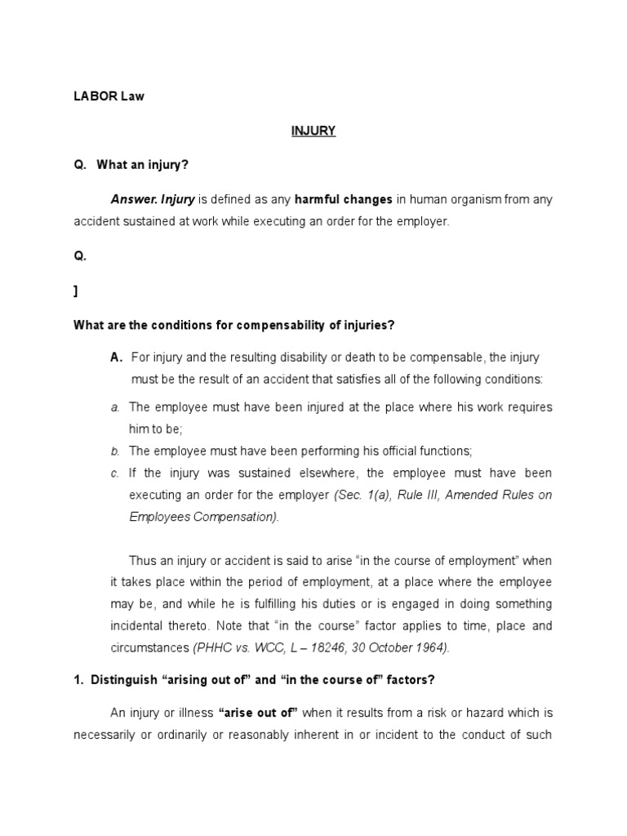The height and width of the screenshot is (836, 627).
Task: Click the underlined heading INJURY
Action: click(x=313, y=131)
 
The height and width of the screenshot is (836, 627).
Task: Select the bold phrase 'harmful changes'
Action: click(x=344, y=199)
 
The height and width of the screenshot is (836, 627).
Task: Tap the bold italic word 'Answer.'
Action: click(x=134, y=199)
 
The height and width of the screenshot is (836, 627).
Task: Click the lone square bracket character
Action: click(x=76, y=290)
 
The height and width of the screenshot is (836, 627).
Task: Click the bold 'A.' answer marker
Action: click(x=116, y=358)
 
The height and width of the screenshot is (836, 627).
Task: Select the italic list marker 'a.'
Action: click(x=115, y=407)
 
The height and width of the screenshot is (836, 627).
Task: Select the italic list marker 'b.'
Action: click(x=115, y=451)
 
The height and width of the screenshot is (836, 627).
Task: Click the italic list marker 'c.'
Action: click(x=115, y=474)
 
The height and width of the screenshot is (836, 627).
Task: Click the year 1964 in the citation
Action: click(x=432, y=648)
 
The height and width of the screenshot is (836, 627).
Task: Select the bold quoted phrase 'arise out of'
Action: click(x=259, y=713)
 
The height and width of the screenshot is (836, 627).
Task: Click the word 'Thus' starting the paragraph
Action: click(x=142, y=561)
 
